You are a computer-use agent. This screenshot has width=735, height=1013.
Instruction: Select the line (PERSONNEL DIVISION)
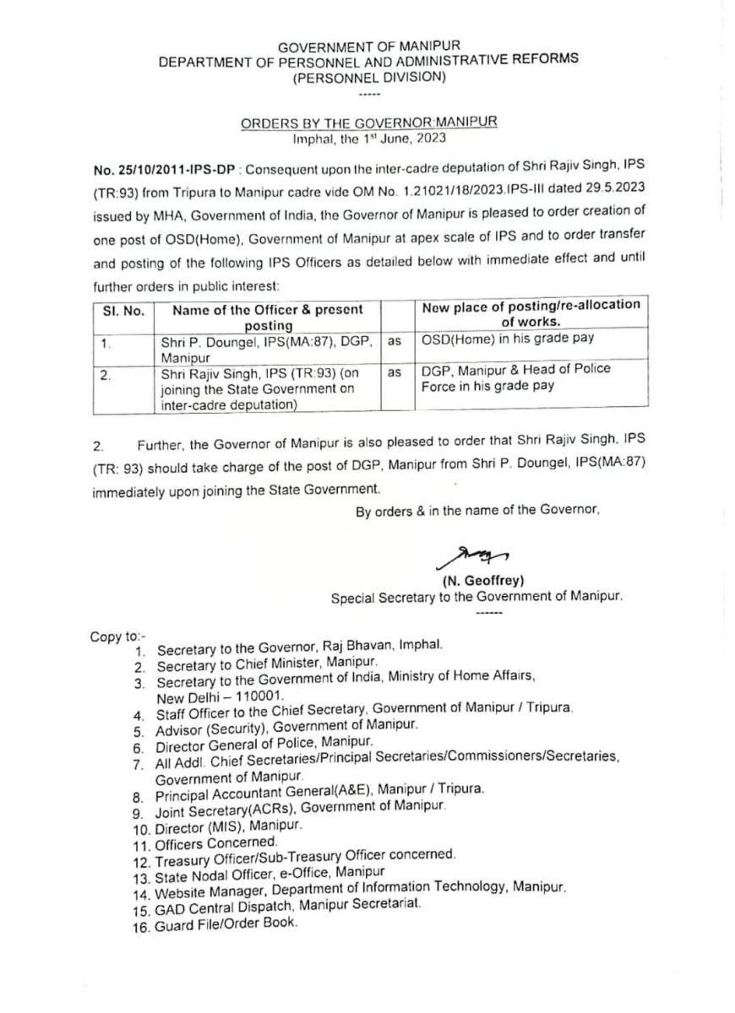(x=369, y=77)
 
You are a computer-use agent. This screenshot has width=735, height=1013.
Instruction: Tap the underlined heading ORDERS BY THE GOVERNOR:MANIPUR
(x=369, y=122)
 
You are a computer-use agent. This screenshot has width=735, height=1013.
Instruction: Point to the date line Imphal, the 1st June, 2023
(x=369, y=138)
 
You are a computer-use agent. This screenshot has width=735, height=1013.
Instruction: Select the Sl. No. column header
(x=122, y=310)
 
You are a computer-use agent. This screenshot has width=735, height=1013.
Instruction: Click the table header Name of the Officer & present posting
(x=267, y=317)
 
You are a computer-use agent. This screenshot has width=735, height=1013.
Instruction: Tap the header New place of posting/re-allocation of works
(x=531, y=312)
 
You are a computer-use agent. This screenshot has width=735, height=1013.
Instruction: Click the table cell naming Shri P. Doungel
(x=267, y=347)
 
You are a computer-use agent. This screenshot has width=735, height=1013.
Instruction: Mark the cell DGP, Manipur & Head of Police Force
(x=515, y=376)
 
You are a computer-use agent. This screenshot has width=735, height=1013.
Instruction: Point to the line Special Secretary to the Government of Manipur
(x=476, y=596)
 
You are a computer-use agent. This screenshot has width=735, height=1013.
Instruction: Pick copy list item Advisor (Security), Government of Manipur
(x=286, y=726)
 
